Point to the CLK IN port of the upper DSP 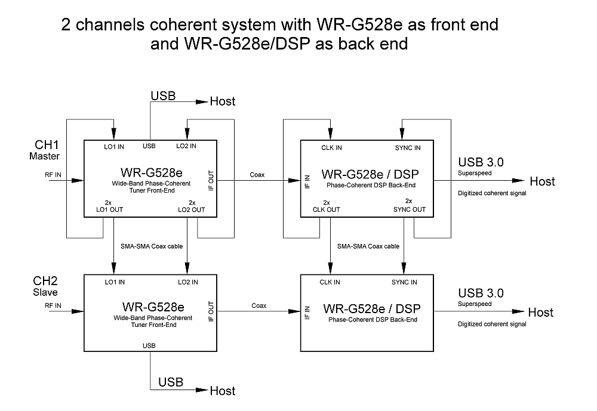tap(331, 147)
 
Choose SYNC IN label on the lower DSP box tap(404, 282)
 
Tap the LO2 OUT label tap(192, 209)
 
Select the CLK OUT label tap(327, 209)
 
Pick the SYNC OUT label tap(410, 209)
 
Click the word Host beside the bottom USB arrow tap(223, 391)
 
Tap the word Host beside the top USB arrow tap(223, 101)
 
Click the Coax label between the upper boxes tap(258, 174)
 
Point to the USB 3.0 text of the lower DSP tap(481, 293)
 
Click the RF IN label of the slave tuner tap(53, 305)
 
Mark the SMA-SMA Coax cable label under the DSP tap(368, 246)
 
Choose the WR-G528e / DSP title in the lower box tap(372, 309)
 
